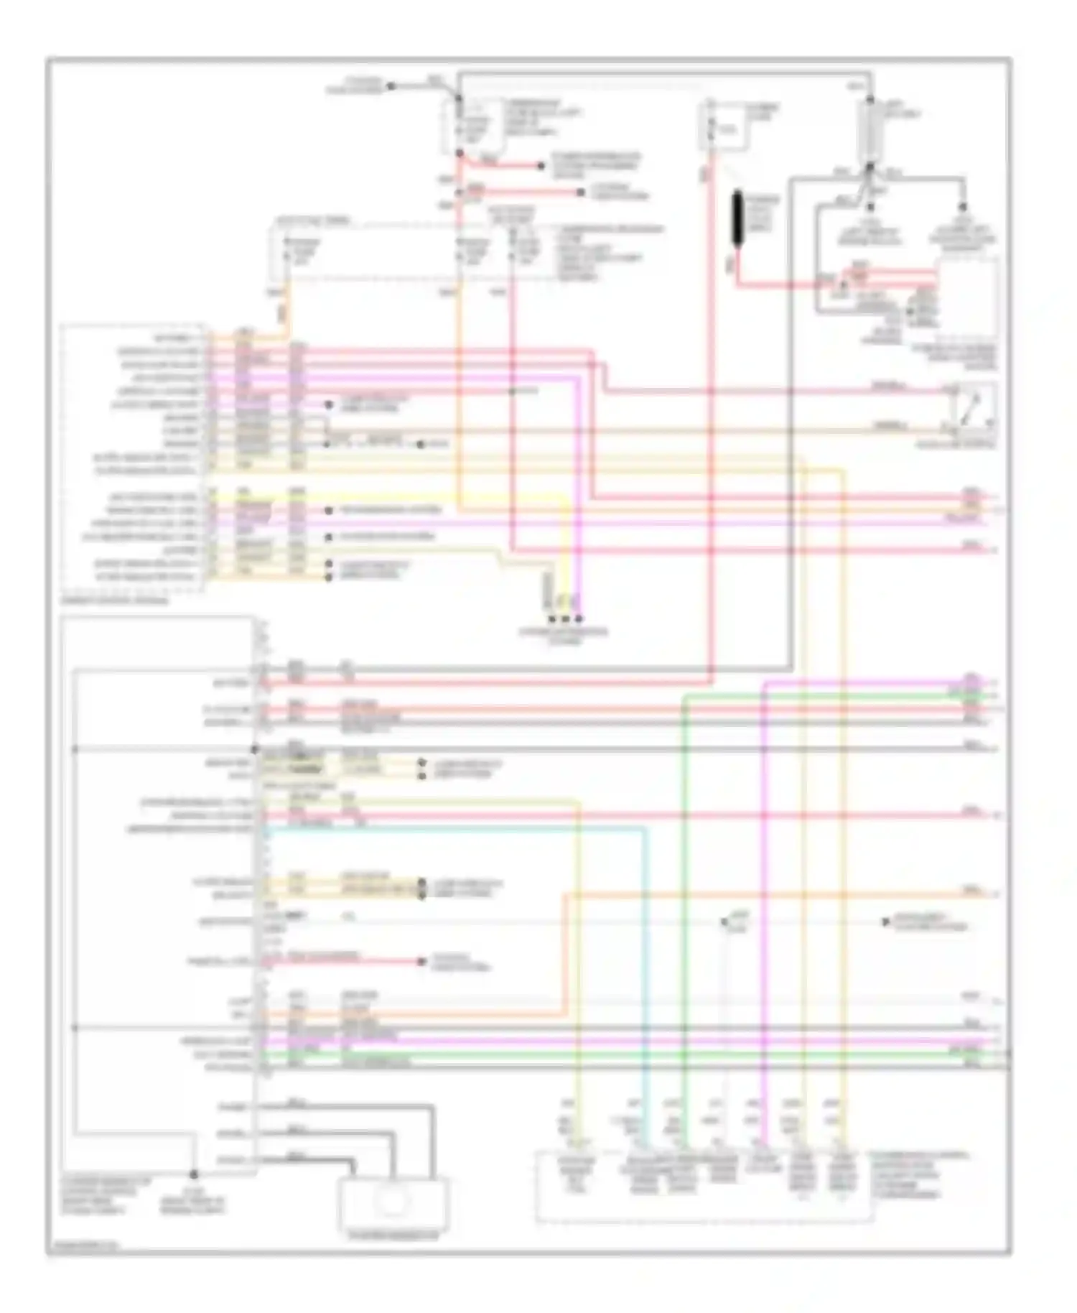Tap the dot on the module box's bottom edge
[193, 1175]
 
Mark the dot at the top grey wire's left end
[391, 86]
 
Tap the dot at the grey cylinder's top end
[870, 98]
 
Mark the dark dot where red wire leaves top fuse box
[460, 154]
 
